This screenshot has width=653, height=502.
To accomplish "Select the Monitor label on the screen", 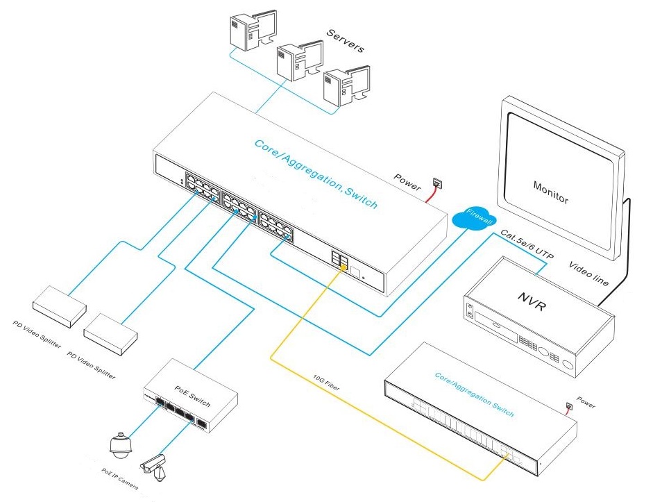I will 551,192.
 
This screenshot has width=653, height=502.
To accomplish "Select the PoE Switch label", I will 193,396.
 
